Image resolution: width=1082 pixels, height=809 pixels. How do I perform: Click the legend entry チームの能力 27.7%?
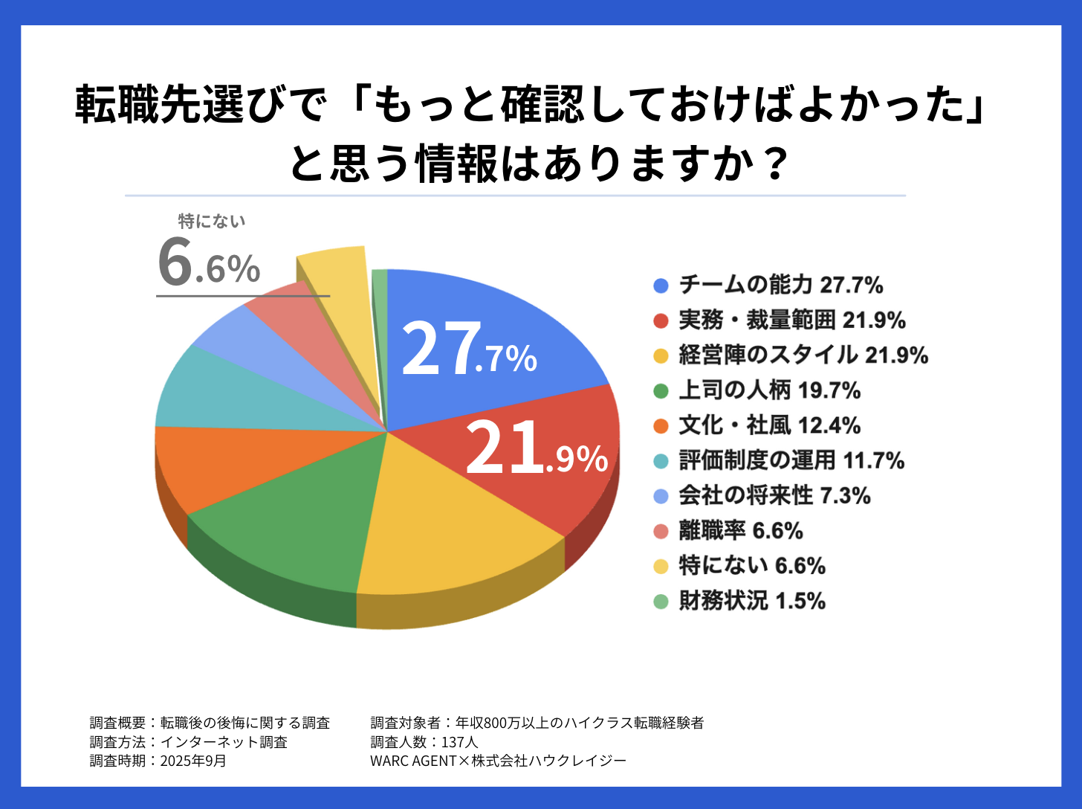point(780,285)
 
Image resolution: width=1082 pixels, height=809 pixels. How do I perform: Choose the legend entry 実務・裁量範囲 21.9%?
point(791,320)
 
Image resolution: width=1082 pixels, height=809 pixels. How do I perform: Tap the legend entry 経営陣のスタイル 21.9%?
point(803,355)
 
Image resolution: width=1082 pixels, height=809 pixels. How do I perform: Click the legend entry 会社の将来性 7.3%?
point(774,495)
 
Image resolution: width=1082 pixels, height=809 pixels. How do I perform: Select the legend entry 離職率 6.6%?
point(740,531)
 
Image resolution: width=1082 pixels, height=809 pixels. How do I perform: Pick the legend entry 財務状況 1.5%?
point(752,601)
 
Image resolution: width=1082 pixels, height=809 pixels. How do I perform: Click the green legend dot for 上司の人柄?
point(661,390)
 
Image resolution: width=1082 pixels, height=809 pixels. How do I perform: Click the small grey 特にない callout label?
point(212,221)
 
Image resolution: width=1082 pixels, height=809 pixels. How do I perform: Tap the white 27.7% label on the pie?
point(468,349)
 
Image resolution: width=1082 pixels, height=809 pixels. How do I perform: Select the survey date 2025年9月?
point(193,761)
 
